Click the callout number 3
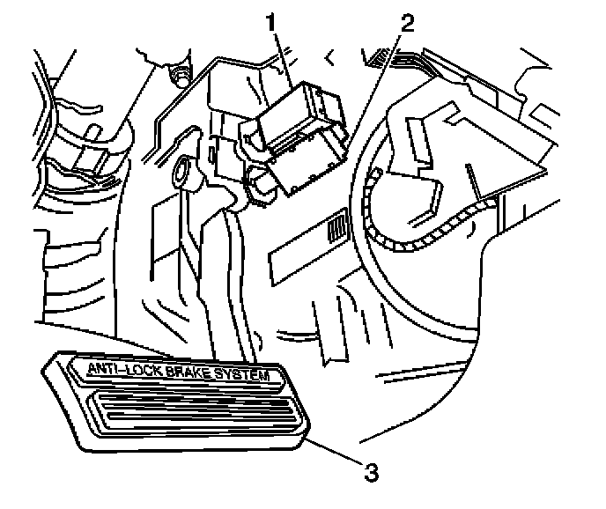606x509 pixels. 373,472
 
